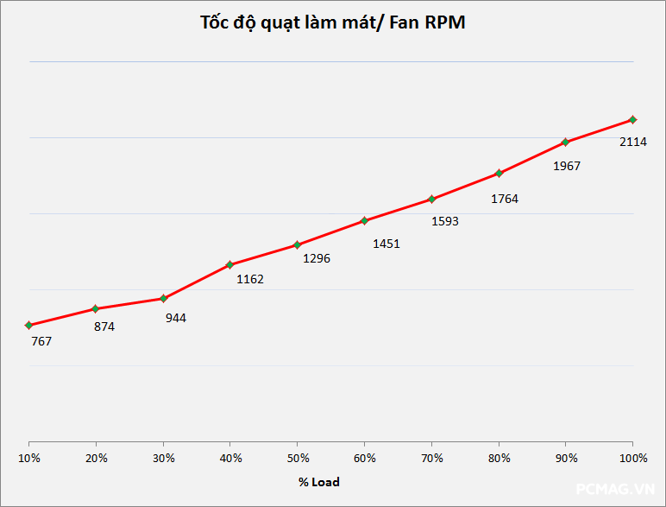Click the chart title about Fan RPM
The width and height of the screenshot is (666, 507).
332,23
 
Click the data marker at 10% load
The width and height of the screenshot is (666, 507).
29,325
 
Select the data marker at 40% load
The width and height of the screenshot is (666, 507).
229,264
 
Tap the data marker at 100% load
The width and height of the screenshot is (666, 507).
632,119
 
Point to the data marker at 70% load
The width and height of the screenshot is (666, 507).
431,199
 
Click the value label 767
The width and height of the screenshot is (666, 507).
41,341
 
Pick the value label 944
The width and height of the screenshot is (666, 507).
175,318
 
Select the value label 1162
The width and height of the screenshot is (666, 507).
250,279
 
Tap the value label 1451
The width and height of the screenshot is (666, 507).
386,244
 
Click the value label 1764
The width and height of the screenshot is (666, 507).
504,199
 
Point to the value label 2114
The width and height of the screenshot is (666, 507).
633,142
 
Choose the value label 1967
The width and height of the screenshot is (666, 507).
566,166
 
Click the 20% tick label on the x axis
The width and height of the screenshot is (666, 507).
97,457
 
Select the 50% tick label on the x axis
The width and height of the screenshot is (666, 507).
298,457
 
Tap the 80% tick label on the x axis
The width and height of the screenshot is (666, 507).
499,457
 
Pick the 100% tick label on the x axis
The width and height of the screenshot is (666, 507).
633,457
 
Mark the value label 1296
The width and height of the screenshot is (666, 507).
317,258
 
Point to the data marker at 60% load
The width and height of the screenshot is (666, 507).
364,220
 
